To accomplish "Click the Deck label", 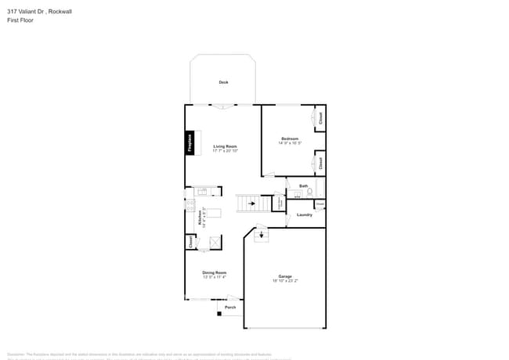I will (x=223, y=82).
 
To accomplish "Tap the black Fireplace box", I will (x=190, y=142).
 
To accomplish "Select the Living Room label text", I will (x=225, y=146).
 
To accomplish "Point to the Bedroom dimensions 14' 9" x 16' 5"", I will (x=290, y=143).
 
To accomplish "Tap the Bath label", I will (x=303, y=185).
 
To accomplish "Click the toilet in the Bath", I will (x=310, y=192).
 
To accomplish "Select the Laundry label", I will (x=305, y=214).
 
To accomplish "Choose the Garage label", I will (x=285, y=276).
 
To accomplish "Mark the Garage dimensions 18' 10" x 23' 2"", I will (x=285, y=281).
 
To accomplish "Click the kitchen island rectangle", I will (x=214, y=213).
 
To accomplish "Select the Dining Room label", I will (x=215, y=272).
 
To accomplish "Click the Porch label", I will (x=230, y=308).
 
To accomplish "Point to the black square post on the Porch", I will (x=220, y=314).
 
